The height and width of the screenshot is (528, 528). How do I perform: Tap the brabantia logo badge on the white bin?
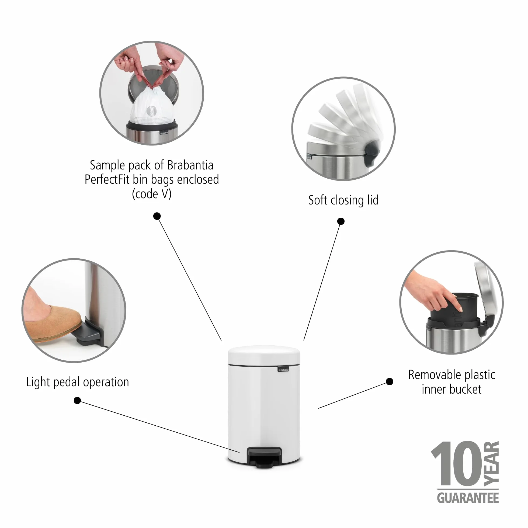283,370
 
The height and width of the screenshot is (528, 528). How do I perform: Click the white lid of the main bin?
264,355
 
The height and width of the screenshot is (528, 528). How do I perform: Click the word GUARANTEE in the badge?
468,498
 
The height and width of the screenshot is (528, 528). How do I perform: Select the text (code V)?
152,194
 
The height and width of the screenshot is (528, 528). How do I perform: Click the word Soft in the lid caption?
318,200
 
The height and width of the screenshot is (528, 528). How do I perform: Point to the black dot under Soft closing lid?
341,221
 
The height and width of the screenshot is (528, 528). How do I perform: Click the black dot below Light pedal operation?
77,401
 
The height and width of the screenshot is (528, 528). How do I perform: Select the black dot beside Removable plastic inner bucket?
390,381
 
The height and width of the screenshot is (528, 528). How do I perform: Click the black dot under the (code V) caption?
157,216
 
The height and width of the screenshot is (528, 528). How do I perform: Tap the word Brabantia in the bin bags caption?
190,165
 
